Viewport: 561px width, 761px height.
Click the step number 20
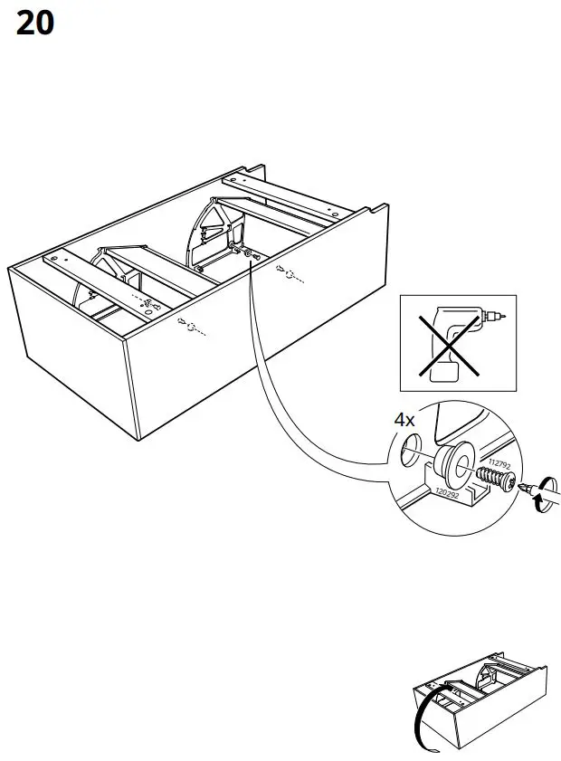point(35,24)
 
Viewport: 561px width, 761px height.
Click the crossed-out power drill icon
point(457,342)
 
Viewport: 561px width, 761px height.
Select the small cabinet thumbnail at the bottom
point(479,706)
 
